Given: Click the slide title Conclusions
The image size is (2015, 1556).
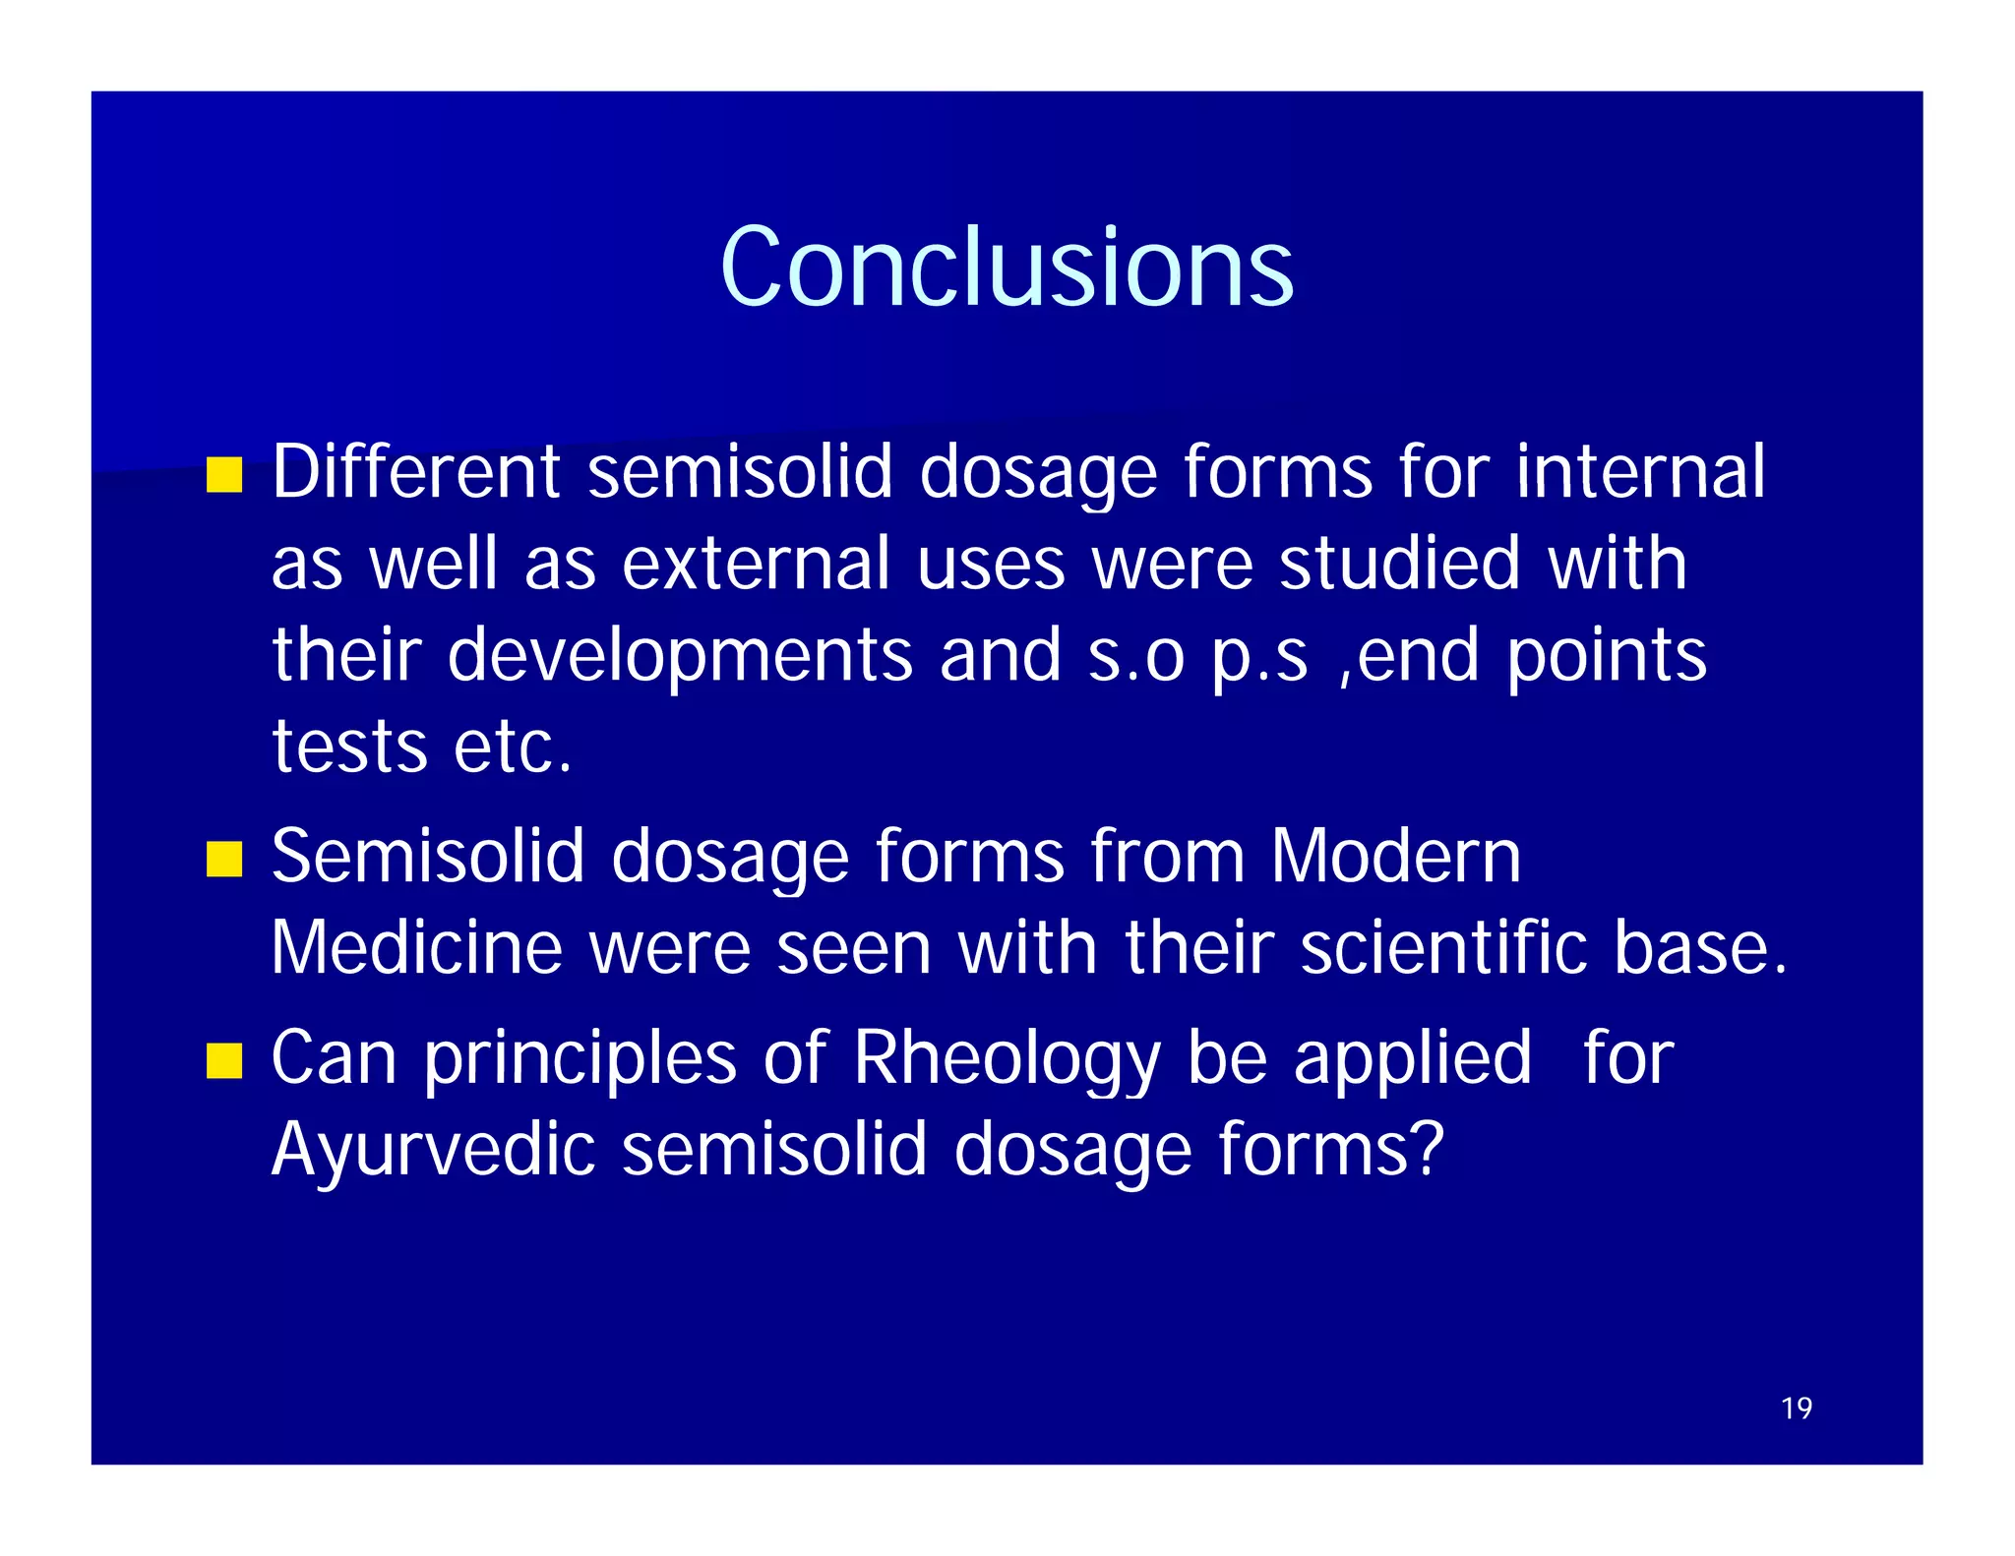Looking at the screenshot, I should pyautogui.click(x=1006, y=268).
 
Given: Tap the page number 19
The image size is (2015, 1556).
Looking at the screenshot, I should pyautogui.click(x=1796, y=1408).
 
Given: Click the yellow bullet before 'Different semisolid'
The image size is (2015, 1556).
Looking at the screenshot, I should pyautogui.click(x=224, y=475).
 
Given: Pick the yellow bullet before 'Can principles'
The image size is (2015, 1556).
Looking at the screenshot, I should pyautogui.click(x=224, y=1061).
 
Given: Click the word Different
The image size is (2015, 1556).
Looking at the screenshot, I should pyautogui.click(x=415, y=472).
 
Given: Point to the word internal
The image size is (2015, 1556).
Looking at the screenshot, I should pyautogui.click(x=1640, y=472).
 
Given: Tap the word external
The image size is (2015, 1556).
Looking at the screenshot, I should pyautogui.click(x=756, y=564).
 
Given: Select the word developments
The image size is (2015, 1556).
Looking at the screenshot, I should pyautogui.click(x=680, y=656).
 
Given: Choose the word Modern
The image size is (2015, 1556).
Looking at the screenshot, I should pyautogui.click(x=1395, y=856).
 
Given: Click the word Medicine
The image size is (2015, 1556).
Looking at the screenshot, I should pyautogui.click(x=415, y=947).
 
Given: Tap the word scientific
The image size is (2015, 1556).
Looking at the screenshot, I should pyautogui.click(x=1443, y=947).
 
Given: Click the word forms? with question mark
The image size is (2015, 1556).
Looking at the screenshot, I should pyautogui.click(x=1330, y=1149).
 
